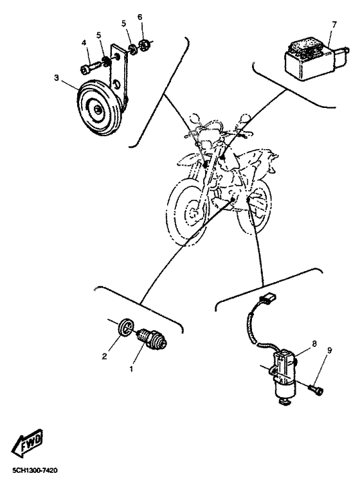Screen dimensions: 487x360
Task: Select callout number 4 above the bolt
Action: click(x=84, y=43)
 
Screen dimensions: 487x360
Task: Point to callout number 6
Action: click(x=140, y=17)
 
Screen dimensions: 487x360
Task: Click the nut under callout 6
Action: click(x=145, y=46)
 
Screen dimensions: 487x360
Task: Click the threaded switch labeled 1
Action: click(x=152, y=339)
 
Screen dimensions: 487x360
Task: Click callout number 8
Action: click(x=314, y=344)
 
